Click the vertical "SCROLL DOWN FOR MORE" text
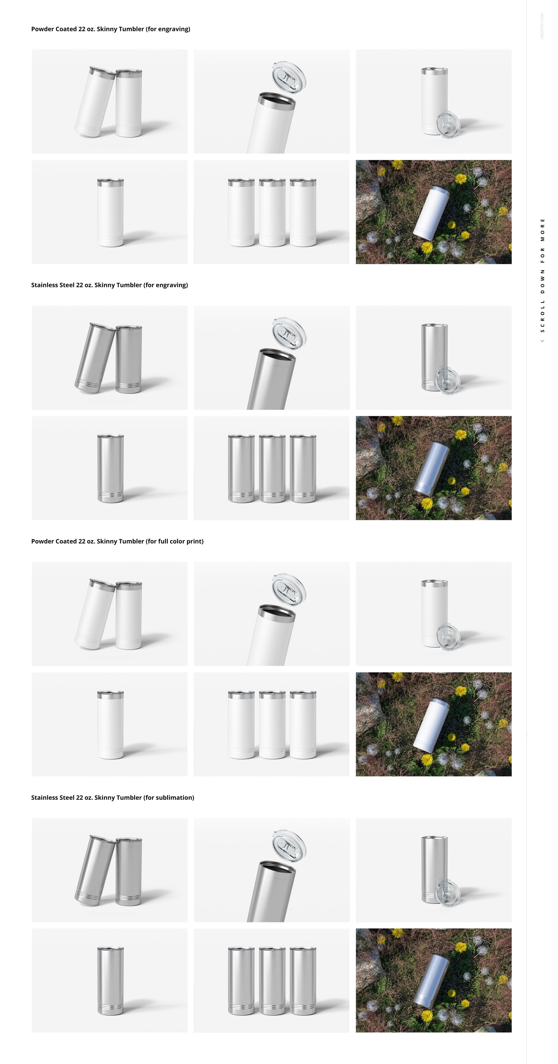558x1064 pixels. [x=542, y=275]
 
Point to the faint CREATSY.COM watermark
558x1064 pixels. [x=542, y=26]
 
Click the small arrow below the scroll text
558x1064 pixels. [x=542, y=341]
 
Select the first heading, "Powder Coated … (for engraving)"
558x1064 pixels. [x=111, y=29]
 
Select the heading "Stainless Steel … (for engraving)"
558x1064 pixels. [x=109, y=285]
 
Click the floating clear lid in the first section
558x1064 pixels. [x=289, y=77]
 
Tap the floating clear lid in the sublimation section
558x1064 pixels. [x=289, y=846]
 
